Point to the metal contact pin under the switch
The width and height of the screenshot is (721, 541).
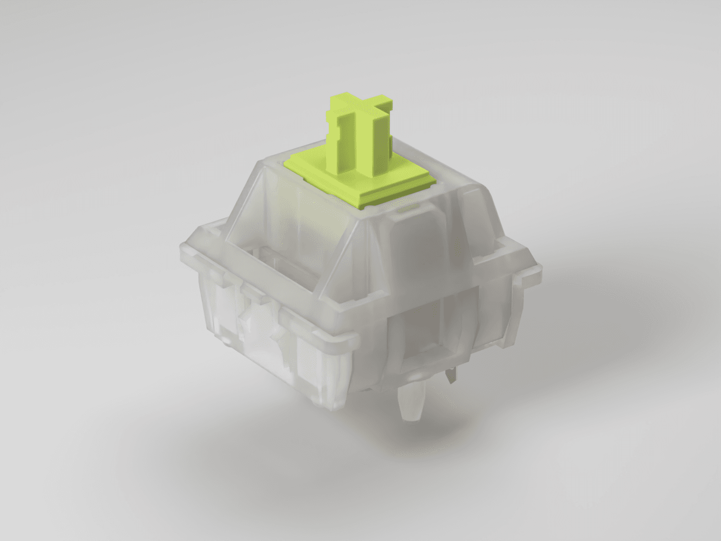point(450,375)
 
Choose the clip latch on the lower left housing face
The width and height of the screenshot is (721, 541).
point(250,327)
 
